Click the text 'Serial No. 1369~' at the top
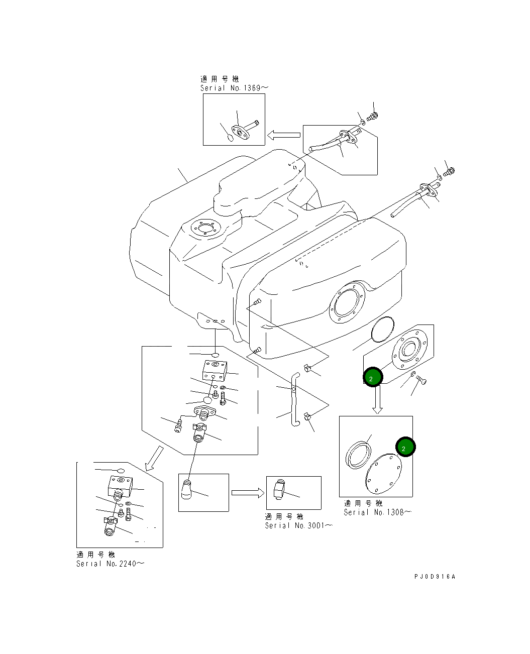234,88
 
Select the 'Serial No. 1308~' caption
377,512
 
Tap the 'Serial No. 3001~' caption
298,525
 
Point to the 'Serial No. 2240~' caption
110,564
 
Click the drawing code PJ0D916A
435,577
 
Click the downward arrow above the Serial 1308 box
377,399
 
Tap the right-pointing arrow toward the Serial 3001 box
247,493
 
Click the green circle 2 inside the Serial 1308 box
405,447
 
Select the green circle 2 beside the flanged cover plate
373,377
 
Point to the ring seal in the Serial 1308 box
358,454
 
